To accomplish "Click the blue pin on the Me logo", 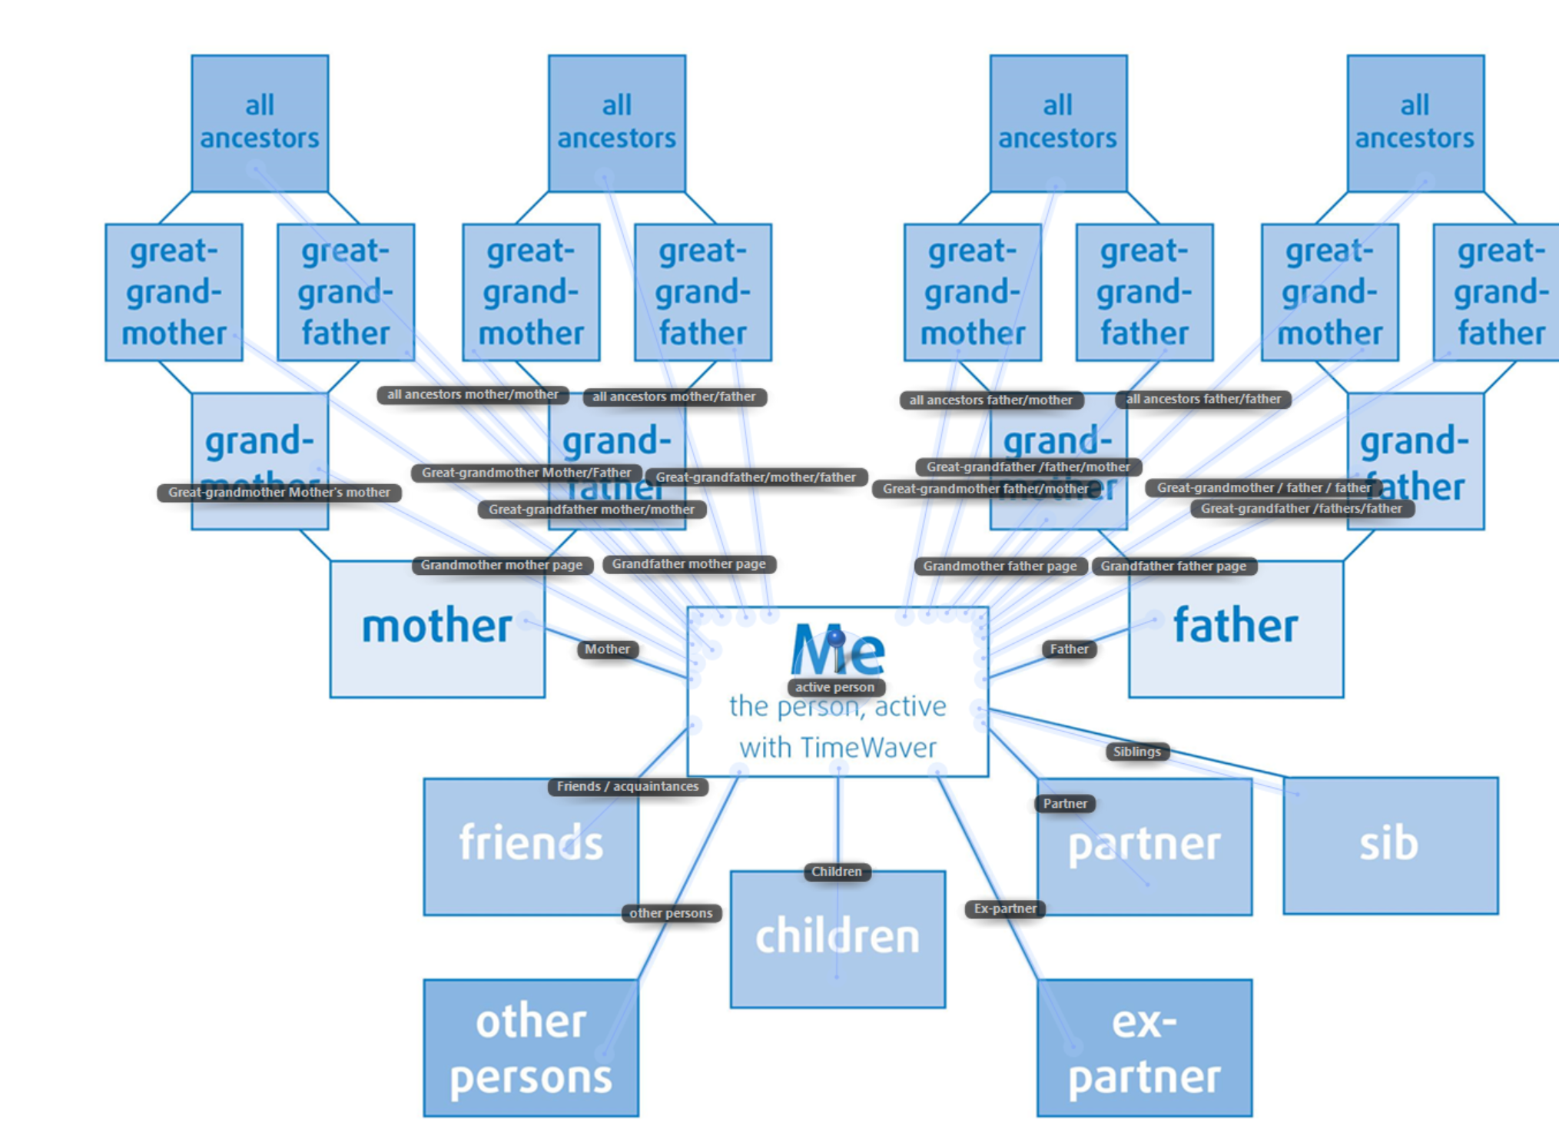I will point(836,638).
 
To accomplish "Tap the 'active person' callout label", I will point(835,687).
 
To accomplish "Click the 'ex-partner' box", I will point(1144,1048).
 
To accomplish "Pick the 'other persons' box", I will point(531,1048).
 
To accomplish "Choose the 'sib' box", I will point(1390,845).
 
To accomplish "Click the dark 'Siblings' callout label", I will point(1137,752).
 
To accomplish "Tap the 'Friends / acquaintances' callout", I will point(628,786).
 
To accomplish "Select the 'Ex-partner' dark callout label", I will point(1005,908).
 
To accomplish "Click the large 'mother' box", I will point(437,629).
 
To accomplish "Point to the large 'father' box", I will point(1236,629).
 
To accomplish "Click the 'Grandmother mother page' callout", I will point(502,566).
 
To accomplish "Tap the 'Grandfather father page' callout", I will point(1173,566).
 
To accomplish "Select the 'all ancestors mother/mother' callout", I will point(473,395).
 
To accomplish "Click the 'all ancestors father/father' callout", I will point(1203,399).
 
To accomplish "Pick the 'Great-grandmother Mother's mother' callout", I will point(279,493).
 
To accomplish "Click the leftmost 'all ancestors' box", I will point(260,123).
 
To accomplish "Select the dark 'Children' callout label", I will point(837,872).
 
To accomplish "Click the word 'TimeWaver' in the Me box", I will point(869,748).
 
